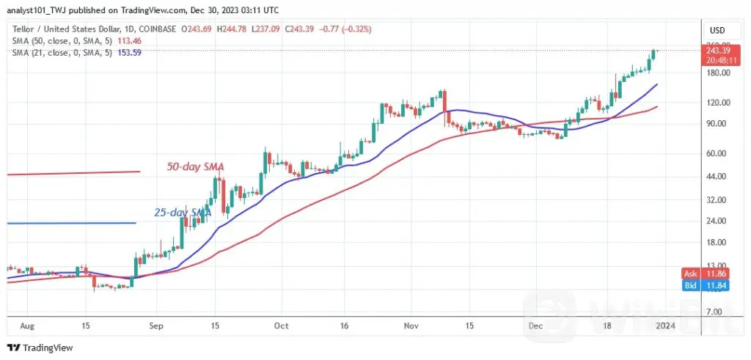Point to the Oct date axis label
pyautogui.click(x=282, y=326)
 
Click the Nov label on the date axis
pyautogui.click(x=410, y=326)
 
